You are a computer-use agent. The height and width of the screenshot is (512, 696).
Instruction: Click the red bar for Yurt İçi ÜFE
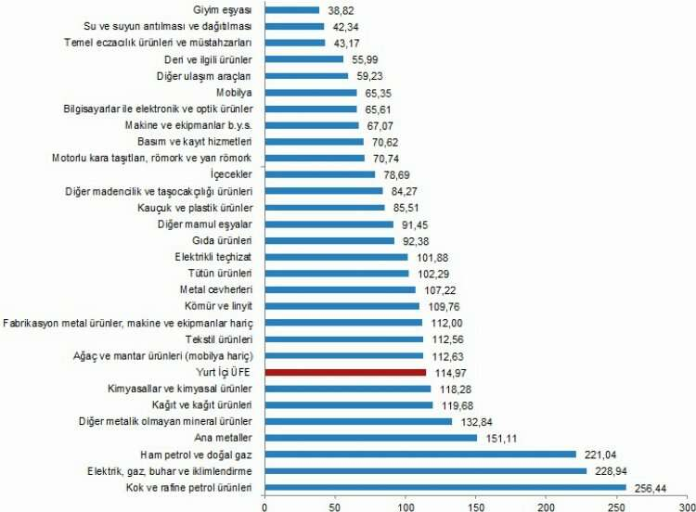pyautogui.click(x=345, y=372)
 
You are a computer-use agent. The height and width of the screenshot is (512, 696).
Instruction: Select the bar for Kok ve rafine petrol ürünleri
pyautogui.click(x=445, y=487)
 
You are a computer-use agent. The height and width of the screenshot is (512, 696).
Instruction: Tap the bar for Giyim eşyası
pyautogui.click(x=292, y=9)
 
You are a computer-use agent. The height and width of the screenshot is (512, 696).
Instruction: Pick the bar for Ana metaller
pyautogui.click(x=371, y=438)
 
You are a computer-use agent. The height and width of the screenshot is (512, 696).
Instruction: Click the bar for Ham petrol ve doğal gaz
pyautogui.click(x=420, y=454)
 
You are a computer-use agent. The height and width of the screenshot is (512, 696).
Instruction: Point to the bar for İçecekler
pyautogui.click(x=320, y=173)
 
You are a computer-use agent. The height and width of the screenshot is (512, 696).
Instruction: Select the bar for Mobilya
pyautogui.click(x=311, y=92)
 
